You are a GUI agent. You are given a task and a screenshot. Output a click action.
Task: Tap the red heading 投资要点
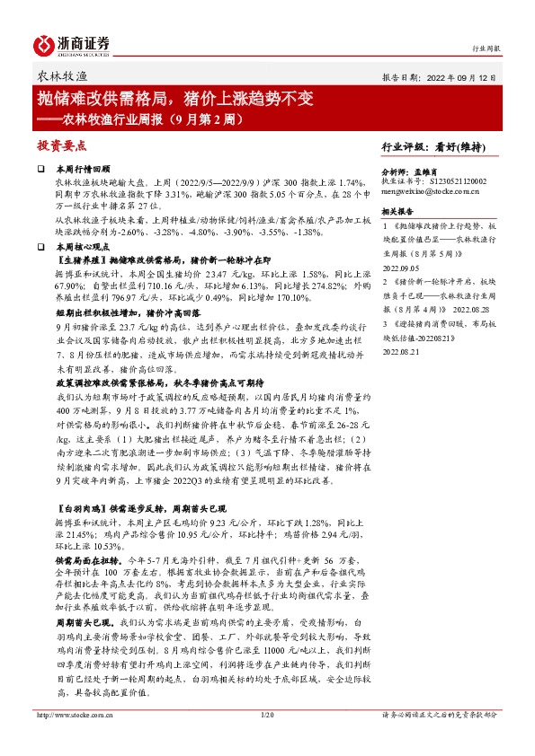point(61,144)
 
